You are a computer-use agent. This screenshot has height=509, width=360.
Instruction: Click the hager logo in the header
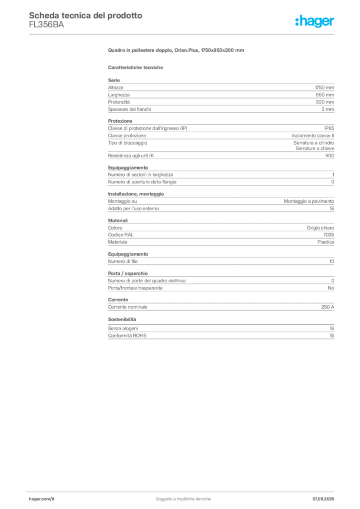click(x=315, y=21)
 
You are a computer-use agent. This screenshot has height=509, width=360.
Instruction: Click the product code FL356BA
click(x=46, y=25)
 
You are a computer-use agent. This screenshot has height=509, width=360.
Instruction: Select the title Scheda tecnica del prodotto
click(x=86, y=15)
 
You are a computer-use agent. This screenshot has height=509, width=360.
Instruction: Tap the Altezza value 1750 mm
click(x=324, y=87)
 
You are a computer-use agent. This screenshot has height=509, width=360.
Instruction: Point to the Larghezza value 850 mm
click(x=325, y=95)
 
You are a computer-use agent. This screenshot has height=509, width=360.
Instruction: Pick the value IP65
click(x=329, y=128)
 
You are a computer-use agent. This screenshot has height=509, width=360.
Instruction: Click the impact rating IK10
click(x=330, y=156)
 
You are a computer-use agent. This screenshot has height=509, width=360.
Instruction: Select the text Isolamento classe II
click(x=313, y=136)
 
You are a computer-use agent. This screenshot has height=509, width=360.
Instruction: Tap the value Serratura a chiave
click(x=315, y=148)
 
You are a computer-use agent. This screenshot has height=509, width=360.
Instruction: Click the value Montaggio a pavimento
click(x=309, y=201)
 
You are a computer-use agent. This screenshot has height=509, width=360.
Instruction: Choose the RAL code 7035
click(x=329, y=235)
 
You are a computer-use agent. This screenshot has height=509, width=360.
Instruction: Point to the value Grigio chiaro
click(x=320, y=228)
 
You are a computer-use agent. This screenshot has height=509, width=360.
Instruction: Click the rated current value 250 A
click(x=328, y=307)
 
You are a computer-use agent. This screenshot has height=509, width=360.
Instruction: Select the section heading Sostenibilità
click(x=122, y=320)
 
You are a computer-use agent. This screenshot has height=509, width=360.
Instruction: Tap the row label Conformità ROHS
click(x=127, y=336)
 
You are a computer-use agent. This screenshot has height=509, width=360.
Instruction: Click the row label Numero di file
click(x=123, y=261)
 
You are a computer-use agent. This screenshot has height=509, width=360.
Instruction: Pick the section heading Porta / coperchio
click(x=128, y=273)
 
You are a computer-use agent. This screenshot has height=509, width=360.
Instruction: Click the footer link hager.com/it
click(x=42, y=499)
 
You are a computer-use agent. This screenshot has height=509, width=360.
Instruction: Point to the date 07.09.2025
click(x=323, y=499)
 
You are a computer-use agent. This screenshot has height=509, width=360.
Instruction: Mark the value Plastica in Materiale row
click(x=326, y=242)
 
